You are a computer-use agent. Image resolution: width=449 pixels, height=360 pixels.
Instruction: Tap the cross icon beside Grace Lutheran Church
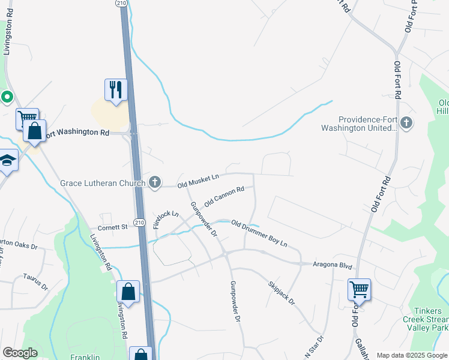(155, 182)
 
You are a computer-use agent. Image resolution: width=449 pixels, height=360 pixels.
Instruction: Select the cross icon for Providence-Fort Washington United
(406, 123)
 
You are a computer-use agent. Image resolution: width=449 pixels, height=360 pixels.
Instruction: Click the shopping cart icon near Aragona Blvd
(359, 290)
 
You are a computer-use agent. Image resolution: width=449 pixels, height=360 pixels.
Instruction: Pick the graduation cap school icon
(7, 160)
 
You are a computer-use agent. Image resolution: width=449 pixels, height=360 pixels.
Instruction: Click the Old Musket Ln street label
(198, 177)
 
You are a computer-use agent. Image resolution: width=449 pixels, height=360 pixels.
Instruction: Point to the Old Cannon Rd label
(224, 196)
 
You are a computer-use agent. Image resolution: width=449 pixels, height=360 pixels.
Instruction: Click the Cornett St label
(113, 227)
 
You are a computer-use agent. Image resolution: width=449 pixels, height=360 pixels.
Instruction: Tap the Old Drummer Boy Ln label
(259, 235)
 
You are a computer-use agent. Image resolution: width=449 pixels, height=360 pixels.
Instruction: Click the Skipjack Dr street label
(282, 293)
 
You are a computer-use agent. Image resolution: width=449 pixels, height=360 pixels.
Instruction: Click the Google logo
(20, 353)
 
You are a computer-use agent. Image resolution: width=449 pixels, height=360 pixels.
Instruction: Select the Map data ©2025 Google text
(411, 355)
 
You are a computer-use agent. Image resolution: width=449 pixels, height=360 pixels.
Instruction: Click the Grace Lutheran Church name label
(103, 182)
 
